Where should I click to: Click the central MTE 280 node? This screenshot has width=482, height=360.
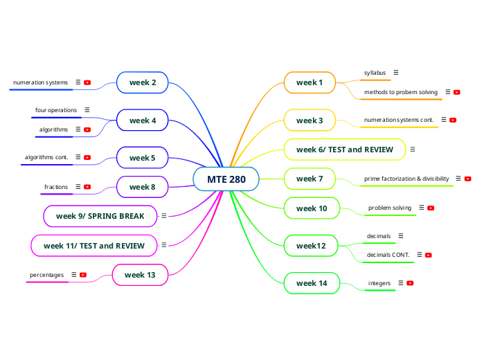(226, 179)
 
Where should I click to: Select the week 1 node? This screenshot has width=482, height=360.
(310, 82)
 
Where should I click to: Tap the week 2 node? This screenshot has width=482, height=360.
(143, 82)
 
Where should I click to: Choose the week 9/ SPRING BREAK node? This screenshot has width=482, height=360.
(100, 216)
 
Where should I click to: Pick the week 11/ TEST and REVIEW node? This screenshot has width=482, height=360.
(94, 246)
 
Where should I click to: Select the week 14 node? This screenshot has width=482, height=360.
(312, 283)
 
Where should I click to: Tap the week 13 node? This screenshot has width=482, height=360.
(140, 275)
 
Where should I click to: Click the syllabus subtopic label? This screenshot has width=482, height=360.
(375, 72)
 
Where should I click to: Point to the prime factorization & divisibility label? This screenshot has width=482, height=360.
(407, 179)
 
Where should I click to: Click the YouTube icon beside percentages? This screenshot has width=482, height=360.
(83, 275)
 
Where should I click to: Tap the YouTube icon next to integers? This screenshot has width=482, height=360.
(410, 283)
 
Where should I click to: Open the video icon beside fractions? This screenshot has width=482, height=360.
(87, 187)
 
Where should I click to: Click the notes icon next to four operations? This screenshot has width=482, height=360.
(87, 110)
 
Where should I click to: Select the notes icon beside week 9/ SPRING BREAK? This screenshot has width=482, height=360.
(164, 216)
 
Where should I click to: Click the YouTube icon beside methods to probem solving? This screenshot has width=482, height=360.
(457, 92)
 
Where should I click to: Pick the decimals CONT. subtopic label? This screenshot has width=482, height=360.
(388, 255)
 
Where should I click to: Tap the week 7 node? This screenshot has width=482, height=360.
(310, 179)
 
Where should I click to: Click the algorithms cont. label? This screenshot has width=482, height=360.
(46, 158)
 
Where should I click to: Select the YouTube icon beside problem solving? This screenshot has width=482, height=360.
(431, 208)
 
